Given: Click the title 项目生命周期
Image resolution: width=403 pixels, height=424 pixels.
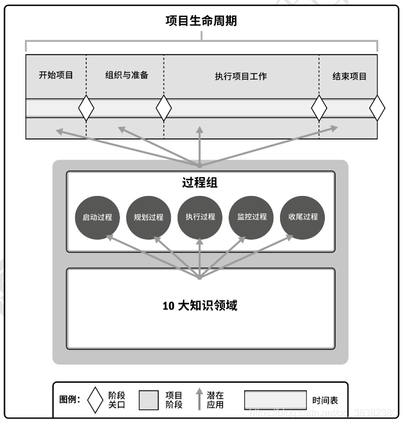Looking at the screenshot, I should coord(201,21).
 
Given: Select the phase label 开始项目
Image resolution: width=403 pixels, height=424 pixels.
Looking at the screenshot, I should coord(56,76).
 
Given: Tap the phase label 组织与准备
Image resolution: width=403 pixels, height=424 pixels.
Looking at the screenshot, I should coord(127,76).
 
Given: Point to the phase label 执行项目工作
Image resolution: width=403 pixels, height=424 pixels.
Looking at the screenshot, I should coord(241,76).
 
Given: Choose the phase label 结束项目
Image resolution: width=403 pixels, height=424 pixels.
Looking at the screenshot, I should coord(349,76).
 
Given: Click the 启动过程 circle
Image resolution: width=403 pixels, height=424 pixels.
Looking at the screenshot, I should coord(97,217).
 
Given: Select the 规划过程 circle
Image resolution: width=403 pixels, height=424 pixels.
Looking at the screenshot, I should coord(148,217).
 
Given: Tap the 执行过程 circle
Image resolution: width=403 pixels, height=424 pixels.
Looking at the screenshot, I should coord(200,217).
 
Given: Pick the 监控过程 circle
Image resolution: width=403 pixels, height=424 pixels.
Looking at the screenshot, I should coord(251,217).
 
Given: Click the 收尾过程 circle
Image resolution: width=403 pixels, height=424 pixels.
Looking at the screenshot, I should coord(303,217).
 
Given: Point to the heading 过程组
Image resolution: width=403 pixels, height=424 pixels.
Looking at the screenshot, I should coord(200,183).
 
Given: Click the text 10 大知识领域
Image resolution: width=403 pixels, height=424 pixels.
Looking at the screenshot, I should coord(200,306).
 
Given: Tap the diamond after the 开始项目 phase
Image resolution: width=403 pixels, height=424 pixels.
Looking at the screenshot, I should coord(87,109).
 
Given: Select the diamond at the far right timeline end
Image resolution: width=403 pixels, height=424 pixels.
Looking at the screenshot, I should coord(377,109).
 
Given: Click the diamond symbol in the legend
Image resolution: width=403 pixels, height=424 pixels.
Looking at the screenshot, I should coord(95,400).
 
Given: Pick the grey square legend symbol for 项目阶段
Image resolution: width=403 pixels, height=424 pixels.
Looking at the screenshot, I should coord(148,400).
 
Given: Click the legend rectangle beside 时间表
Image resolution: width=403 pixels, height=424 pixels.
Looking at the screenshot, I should coord(275,400).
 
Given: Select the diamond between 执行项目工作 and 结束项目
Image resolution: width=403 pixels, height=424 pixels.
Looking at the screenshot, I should coord(319,109).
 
